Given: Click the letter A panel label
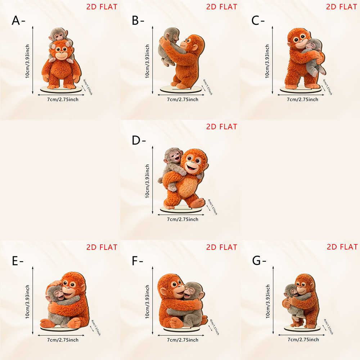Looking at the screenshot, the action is [x=16, y=21].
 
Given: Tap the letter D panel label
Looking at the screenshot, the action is [x=136, y=140].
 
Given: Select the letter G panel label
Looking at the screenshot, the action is [x=256, y=261].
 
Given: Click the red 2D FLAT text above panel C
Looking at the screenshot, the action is [x=341, y=7].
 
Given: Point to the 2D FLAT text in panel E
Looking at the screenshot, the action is [x=102, y=247].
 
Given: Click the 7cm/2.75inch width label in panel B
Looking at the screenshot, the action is [x=183, y=99].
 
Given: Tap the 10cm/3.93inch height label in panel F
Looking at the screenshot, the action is [x=147, y=301].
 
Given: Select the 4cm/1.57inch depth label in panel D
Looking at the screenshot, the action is [x=213, y=207].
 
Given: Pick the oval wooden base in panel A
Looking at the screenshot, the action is [x=61, y=89].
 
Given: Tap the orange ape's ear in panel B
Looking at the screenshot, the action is [x=194, y=48].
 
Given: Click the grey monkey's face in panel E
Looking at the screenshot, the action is [x=58, y=294].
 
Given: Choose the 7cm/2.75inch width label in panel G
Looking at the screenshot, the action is [x=303, y=339].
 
